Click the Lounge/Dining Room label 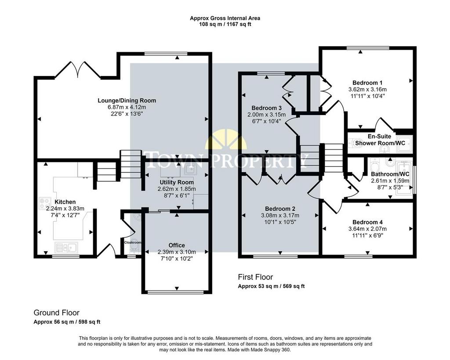pyautogui.click(x=127, y=101)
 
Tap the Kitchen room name pyautogui.click(x=65, y=202)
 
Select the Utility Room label pyautogui.click(x=177, y=182)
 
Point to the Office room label pyautogui.click(x=177, y=245)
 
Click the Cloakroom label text pyautogui.click(x=133, y=242)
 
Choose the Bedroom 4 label pyautogui.click(x=368, y=222)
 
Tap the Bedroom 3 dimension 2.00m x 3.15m pyautogui.click(x=267, y=115)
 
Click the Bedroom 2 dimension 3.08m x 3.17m pyautogui.click(x=280, y=215)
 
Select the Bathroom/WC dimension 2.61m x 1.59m pyautogui.click(x=390, y=181)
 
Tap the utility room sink pyautogui.click(x=190, y=169)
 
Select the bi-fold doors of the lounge pyautogui.click(x=78, y=69)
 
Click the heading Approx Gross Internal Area pyautogui.click(x=225, y=18)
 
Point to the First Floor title pyautogui.click(x=255, y=277)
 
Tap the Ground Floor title pyautogui.click(x=57, y=313)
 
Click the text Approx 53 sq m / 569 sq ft pyautogui.click(x=271, y=286)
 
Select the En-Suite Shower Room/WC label pyautogui.click(x=380, y=140)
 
